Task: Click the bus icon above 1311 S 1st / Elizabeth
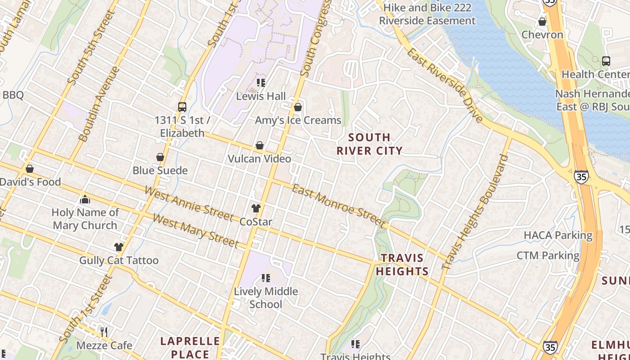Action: coord(182,107)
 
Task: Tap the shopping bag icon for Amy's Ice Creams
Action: coord(297,107)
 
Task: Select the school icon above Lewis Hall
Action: coord(261,83)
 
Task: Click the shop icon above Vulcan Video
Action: coord(260,145)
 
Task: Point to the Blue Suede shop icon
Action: coord(160,157)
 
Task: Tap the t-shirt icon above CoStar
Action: coord(256,208)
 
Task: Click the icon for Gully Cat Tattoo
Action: coord(119,247)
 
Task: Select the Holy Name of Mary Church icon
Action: coord(85,199)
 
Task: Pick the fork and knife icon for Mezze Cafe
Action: coord(104,332)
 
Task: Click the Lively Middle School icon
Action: coord(266,278)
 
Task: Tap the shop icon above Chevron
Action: coord(542,22)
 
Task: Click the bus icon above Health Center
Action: coord(606,61)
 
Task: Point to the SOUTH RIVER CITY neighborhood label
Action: coord(369,144)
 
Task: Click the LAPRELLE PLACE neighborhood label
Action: coord(190,347)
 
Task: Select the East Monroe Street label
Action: coord(339,206)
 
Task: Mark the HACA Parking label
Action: coord(558,235)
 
